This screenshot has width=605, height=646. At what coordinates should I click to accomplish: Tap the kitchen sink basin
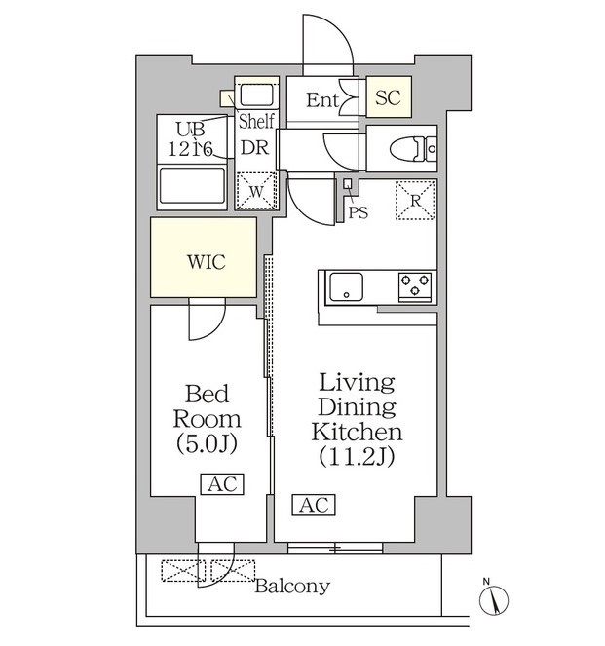tap(346, 286)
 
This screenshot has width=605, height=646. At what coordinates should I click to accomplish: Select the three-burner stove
tap(415, 285)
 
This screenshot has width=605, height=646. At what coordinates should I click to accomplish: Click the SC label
tap(388, 97)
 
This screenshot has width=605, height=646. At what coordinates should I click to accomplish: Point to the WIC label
tap(207, 262)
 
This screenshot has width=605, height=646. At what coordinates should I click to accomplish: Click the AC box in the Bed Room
tap(222, 484)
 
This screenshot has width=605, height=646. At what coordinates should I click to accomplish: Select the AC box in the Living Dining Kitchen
tap(314, 505)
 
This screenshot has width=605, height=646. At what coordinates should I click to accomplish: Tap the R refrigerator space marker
tap(416, 200)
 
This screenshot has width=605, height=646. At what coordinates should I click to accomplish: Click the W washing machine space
tap(256, 191)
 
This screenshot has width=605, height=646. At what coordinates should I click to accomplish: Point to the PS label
tap(359, 212)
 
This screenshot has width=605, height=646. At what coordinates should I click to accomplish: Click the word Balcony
tap(292, 586)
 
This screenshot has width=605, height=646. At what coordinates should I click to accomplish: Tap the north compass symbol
tap(493, 598)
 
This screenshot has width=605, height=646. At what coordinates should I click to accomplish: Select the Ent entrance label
tap(322, 100)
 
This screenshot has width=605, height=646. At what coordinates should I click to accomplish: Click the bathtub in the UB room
tap(192, 186)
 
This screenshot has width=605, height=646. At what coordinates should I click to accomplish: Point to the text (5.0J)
tap(207, 443)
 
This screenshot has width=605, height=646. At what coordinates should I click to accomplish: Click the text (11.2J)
tap(358, 456)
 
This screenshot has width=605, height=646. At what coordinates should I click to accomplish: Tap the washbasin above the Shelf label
tap(256, 95)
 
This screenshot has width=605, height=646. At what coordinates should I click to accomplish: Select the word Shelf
tap(256, 121)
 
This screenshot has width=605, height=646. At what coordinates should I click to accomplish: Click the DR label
tap(254, 147)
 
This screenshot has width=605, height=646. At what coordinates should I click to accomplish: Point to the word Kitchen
tap(358, 432)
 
